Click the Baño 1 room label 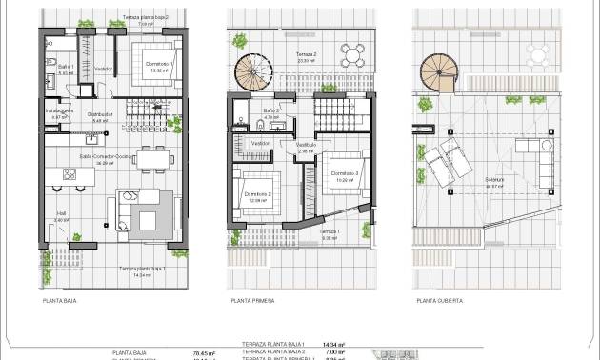coord(66,68)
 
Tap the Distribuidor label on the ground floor coord(101,114)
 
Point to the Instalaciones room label coord(59,111)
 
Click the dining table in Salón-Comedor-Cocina coord(149,155)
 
